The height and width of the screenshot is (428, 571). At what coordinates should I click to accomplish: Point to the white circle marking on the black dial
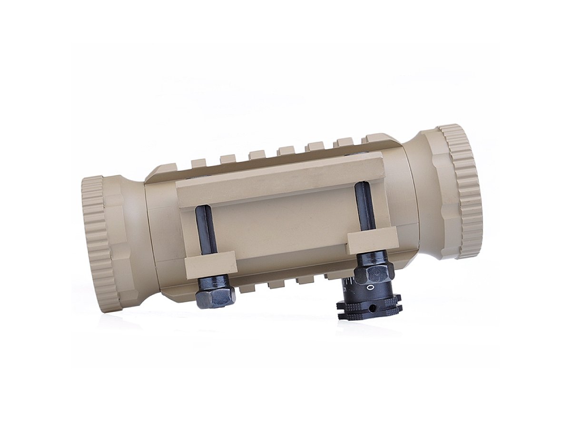pos(370,288)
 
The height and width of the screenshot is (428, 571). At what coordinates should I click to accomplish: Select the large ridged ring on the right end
pos(462,190)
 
